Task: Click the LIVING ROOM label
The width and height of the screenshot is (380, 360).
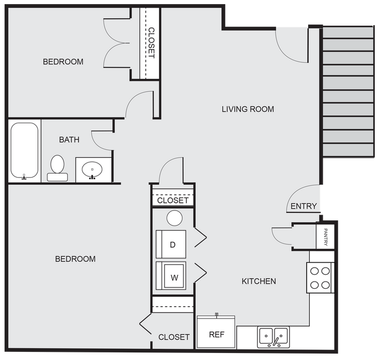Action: pos(248,109)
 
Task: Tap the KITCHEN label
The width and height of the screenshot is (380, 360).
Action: pos(258,281)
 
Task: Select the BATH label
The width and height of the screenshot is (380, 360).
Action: pos(69,140)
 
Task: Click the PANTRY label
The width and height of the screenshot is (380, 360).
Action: pos(325,237)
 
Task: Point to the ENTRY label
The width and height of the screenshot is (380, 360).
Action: pos(303,206)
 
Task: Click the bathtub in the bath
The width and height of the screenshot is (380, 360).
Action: pos(24,150)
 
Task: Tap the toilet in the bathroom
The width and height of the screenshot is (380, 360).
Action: pos(57,167)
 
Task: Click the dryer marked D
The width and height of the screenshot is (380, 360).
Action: pos(171,244)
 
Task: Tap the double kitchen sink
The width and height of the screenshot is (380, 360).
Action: pos(273,336)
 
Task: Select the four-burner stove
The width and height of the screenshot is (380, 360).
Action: pos(319,278)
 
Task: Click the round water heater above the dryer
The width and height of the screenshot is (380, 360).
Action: pos(174,218)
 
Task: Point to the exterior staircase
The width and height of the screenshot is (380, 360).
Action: pos(348,91)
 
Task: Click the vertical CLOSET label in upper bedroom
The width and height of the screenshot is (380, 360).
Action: pos(151,43)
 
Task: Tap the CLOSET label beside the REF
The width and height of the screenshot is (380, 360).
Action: pos(174,337)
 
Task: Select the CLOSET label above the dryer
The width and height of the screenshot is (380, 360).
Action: pos(173,200)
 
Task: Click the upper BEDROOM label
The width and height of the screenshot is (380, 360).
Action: pos(63,61)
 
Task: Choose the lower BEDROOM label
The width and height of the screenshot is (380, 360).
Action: pos(75,258)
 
